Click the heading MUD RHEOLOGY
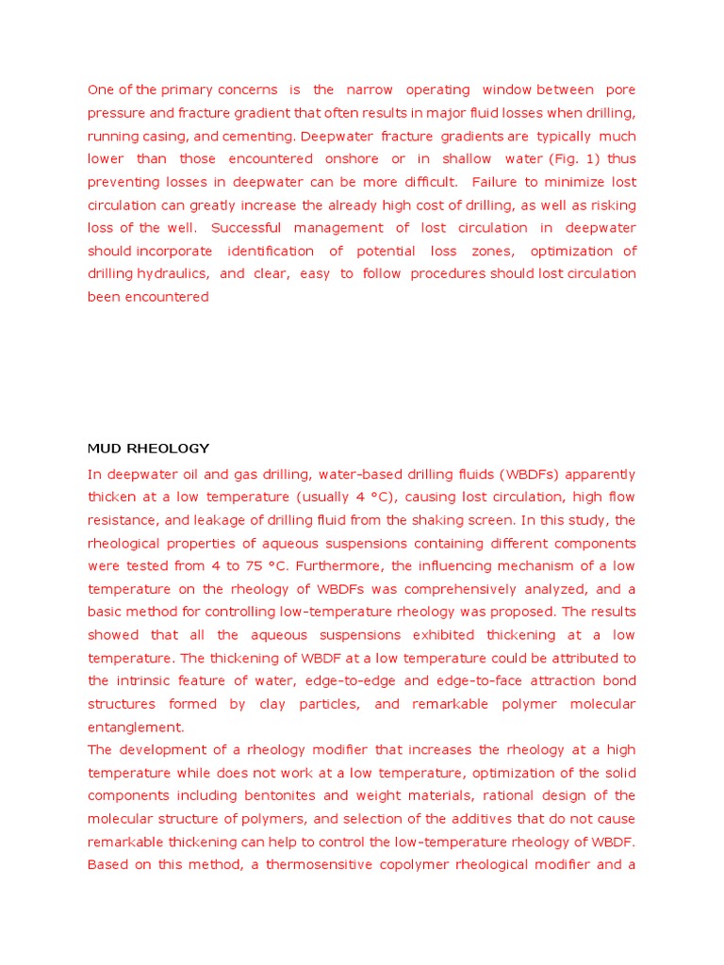148,449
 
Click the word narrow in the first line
370,90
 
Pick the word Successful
244,228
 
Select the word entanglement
136,728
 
